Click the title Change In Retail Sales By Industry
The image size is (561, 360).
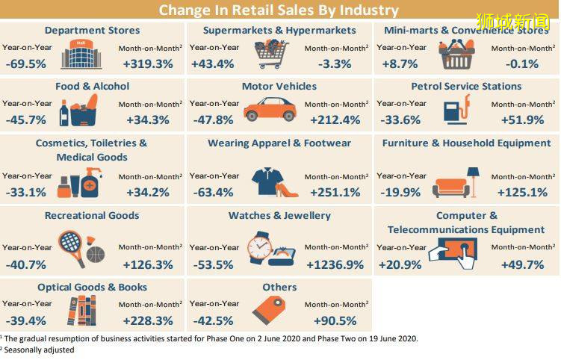pyautogui.click(x=279, y=10)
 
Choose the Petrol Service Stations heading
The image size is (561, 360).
pyautogui.click(x=466, y=86)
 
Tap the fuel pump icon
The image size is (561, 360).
pyautogui.click(x=456, y=111)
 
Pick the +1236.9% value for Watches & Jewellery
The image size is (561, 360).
pyautogui.click(x=335, y=264)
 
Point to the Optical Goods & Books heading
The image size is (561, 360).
pyautogui.click(x=92, y=287)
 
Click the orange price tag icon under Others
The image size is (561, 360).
pyautogui.click(x=267, y=309)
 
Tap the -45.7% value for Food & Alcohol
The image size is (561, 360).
pyautogui.click(x=25, y=120)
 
